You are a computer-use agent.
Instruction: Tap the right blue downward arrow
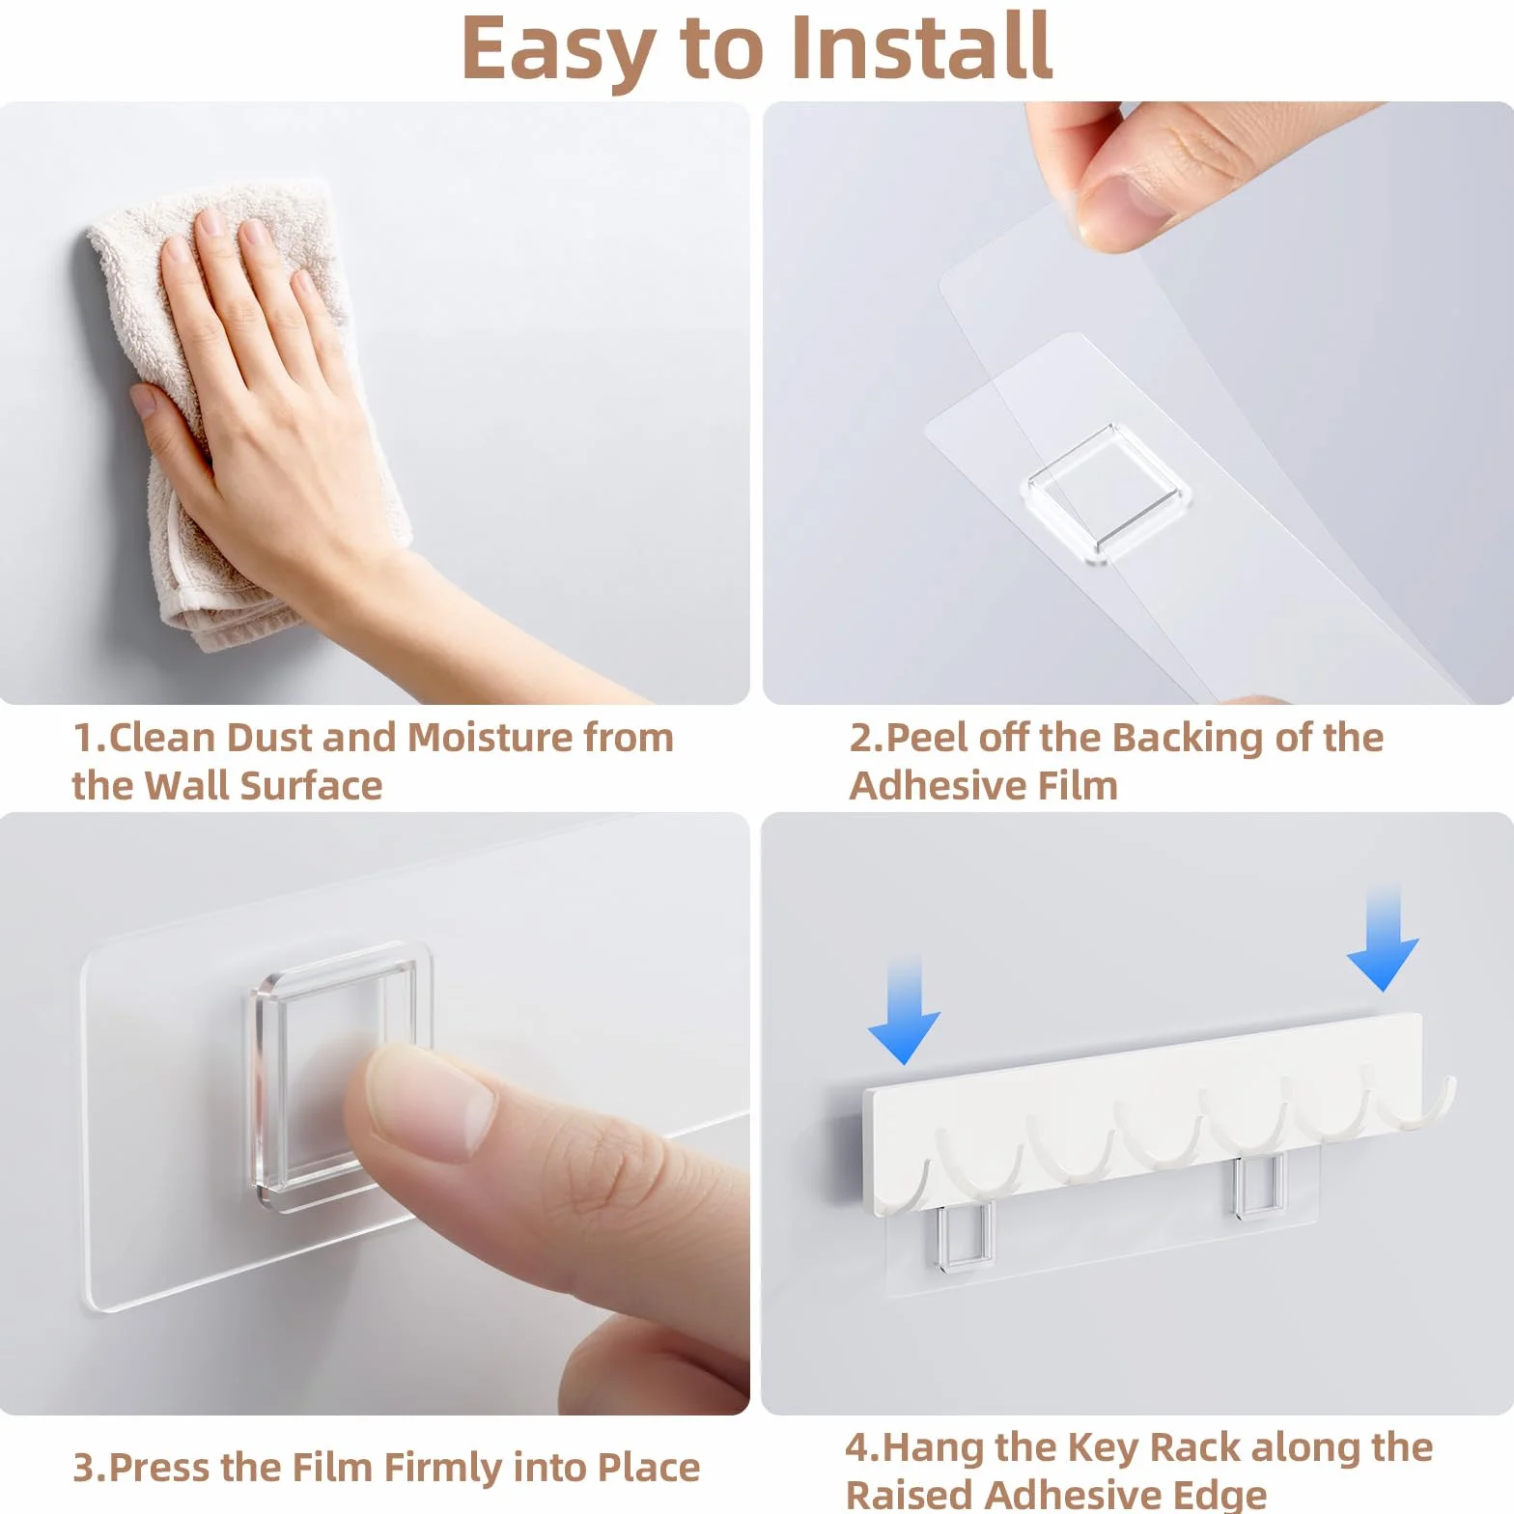coord(1383,937)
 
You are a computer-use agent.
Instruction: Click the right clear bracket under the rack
coord(1258,1185)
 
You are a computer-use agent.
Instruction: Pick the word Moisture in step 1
coord(491,738)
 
